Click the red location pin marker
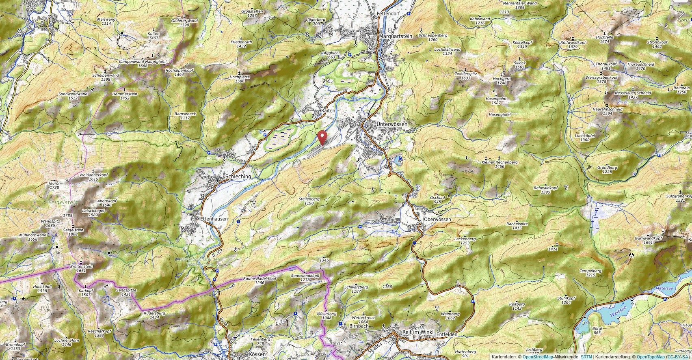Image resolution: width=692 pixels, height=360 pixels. (x=322, y=137)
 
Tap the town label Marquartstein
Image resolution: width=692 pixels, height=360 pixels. (x=395, y=36)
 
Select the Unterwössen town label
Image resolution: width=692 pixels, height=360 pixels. (x=391, y=124)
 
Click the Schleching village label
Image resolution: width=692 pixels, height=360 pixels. (x=238, y=177)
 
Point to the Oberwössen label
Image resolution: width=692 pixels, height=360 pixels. (x=437, y=219)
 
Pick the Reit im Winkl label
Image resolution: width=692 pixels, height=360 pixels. (x=417, y=332)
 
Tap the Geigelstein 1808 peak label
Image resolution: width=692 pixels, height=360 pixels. (x=73, y=232)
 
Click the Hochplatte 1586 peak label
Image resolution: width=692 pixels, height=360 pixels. (x=240, y=79)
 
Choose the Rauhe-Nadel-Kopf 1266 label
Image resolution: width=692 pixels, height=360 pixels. (x=259, y=280)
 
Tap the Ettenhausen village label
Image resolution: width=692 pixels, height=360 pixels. (x=214, y=219)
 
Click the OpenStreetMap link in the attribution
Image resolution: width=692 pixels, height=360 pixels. (x=538, y=357)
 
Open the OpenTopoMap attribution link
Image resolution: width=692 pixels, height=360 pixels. (x=650, y=357)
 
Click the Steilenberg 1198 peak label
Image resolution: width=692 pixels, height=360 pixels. (x=309, y=201)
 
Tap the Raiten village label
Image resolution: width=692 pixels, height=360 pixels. (x=328, y=110)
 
